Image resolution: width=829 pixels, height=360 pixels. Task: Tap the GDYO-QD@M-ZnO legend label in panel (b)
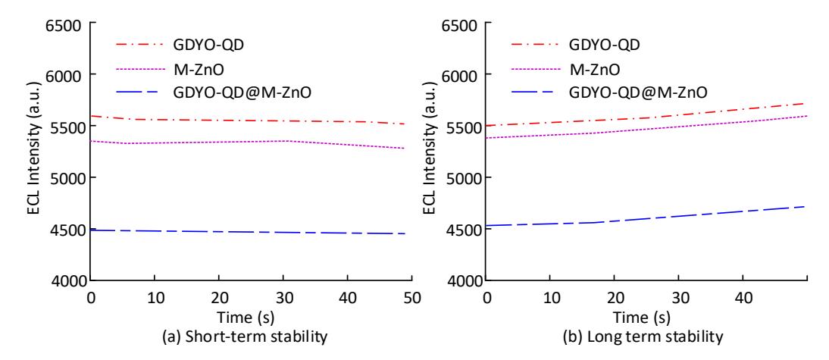638,93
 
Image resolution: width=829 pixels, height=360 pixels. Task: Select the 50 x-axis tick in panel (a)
412,298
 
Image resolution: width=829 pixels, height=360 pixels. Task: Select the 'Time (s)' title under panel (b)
642,318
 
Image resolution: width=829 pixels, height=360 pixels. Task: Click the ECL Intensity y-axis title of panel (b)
431,149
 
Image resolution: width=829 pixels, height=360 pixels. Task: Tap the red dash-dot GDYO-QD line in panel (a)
249,121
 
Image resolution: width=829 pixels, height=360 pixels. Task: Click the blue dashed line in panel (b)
648,218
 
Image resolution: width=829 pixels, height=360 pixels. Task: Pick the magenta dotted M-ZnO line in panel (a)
249,142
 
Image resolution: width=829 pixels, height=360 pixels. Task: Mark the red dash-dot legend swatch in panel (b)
533,45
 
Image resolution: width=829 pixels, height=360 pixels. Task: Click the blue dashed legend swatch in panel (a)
136,93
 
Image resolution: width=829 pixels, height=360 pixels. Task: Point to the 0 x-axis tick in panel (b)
487,298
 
